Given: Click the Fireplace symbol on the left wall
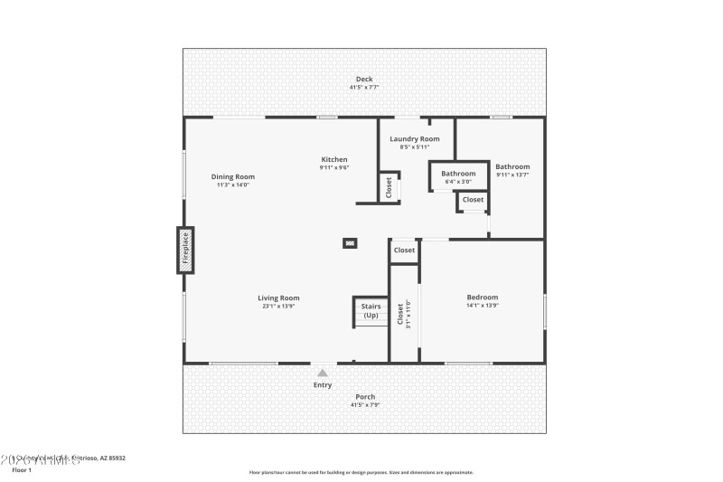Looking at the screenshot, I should (x=184, y=250).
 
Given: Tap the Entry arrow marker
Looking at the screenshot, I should (x=323, y=372).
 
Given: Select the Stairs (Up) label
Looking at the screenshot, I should (x=371, y=311).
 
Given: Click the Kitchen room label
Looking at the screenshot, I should (x=333, y=159).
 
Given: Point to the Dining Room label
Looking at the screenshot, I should (x=232, y=176).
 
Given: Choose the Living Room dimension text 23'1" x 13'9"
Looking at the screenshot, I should (x=278, y=307).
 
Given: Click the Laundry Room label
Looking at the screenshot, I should (x=415, y=138).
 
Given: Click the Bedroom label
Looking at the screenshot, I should (x=482, y=298).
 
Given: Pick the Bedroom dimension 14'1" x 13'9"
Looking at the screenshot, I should (x=482, y=306).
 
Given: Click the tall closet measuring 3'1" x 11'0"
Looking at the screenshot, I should (x=404, y=317).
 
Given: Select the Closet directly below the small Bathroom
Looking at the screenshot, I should (x=473, y=200).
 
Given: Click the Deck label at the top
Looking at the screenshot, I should (x=363, y=80).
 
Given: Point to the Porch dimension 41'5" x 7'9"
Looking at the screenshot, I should (x=365, y=404).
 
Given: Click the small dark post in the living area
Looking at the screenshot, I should (x=349, y=242).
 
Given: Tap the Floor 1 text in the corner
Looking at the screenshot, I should (x=21, y=470).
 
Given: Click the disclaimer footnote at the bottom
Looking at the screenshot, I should (x=361, y=472).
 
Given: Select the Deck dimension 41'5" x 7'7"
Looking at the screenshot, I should (x=363, y=88).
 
